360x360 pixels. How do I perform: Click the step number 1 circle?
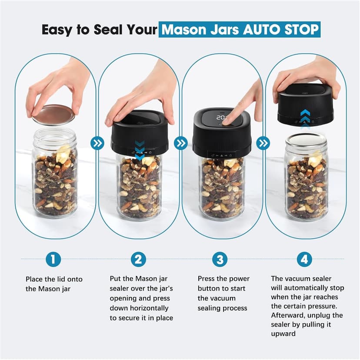pyautogui.click(x=53, y=259)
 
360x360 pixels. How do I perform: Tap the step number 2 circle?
pyautogui.click(x=138, y=259)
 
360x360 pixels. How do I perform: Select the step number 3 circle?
pyautogui.click(x=220, y=259)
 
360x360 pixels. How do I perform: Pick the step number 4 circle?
pyautogui.click(x=304, y=259)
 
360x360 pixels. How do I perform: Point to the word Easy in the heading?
pyautogui.click(x=58, y=30)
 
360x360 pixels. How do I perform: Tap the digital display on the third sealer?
pyautogui.click(x=223, y=117)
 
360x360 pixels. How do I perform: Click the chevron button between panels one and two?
pyautogui.click(x=97, y=143)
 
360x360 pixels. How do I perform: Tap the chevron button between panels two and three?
pyautogui.click(x=180, y=143)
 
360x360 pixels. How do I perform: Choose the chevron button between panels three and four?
pyautogui.click(x=263, y=143)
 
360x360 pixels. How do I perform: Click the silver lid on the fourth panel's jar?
pyautogui.click(x=306, y=139)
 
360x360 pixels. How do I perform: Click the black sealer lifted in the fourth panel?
pyautogui.click(x=306, y=104)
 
